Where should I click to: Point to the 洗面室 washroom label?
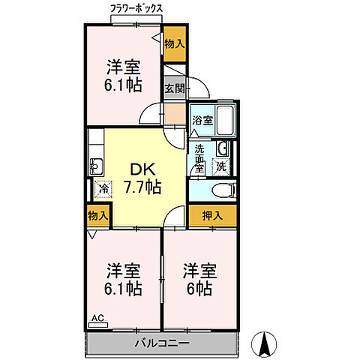click(199, 157)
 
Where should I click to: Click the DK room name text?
click(142, 168)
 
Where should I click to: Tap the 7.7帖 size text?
click(142, 186)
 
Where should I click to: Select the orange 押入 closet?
click(213, 216)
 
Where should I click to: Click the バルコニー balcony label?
click(162, 343)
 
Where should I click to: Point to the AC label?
click(97, 317)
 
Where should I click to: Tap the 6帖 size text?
click(199, 287)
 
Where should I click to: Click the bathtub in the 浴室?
click(224, 120)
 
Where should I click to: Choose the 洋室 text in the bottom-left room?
click(124, 268)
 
